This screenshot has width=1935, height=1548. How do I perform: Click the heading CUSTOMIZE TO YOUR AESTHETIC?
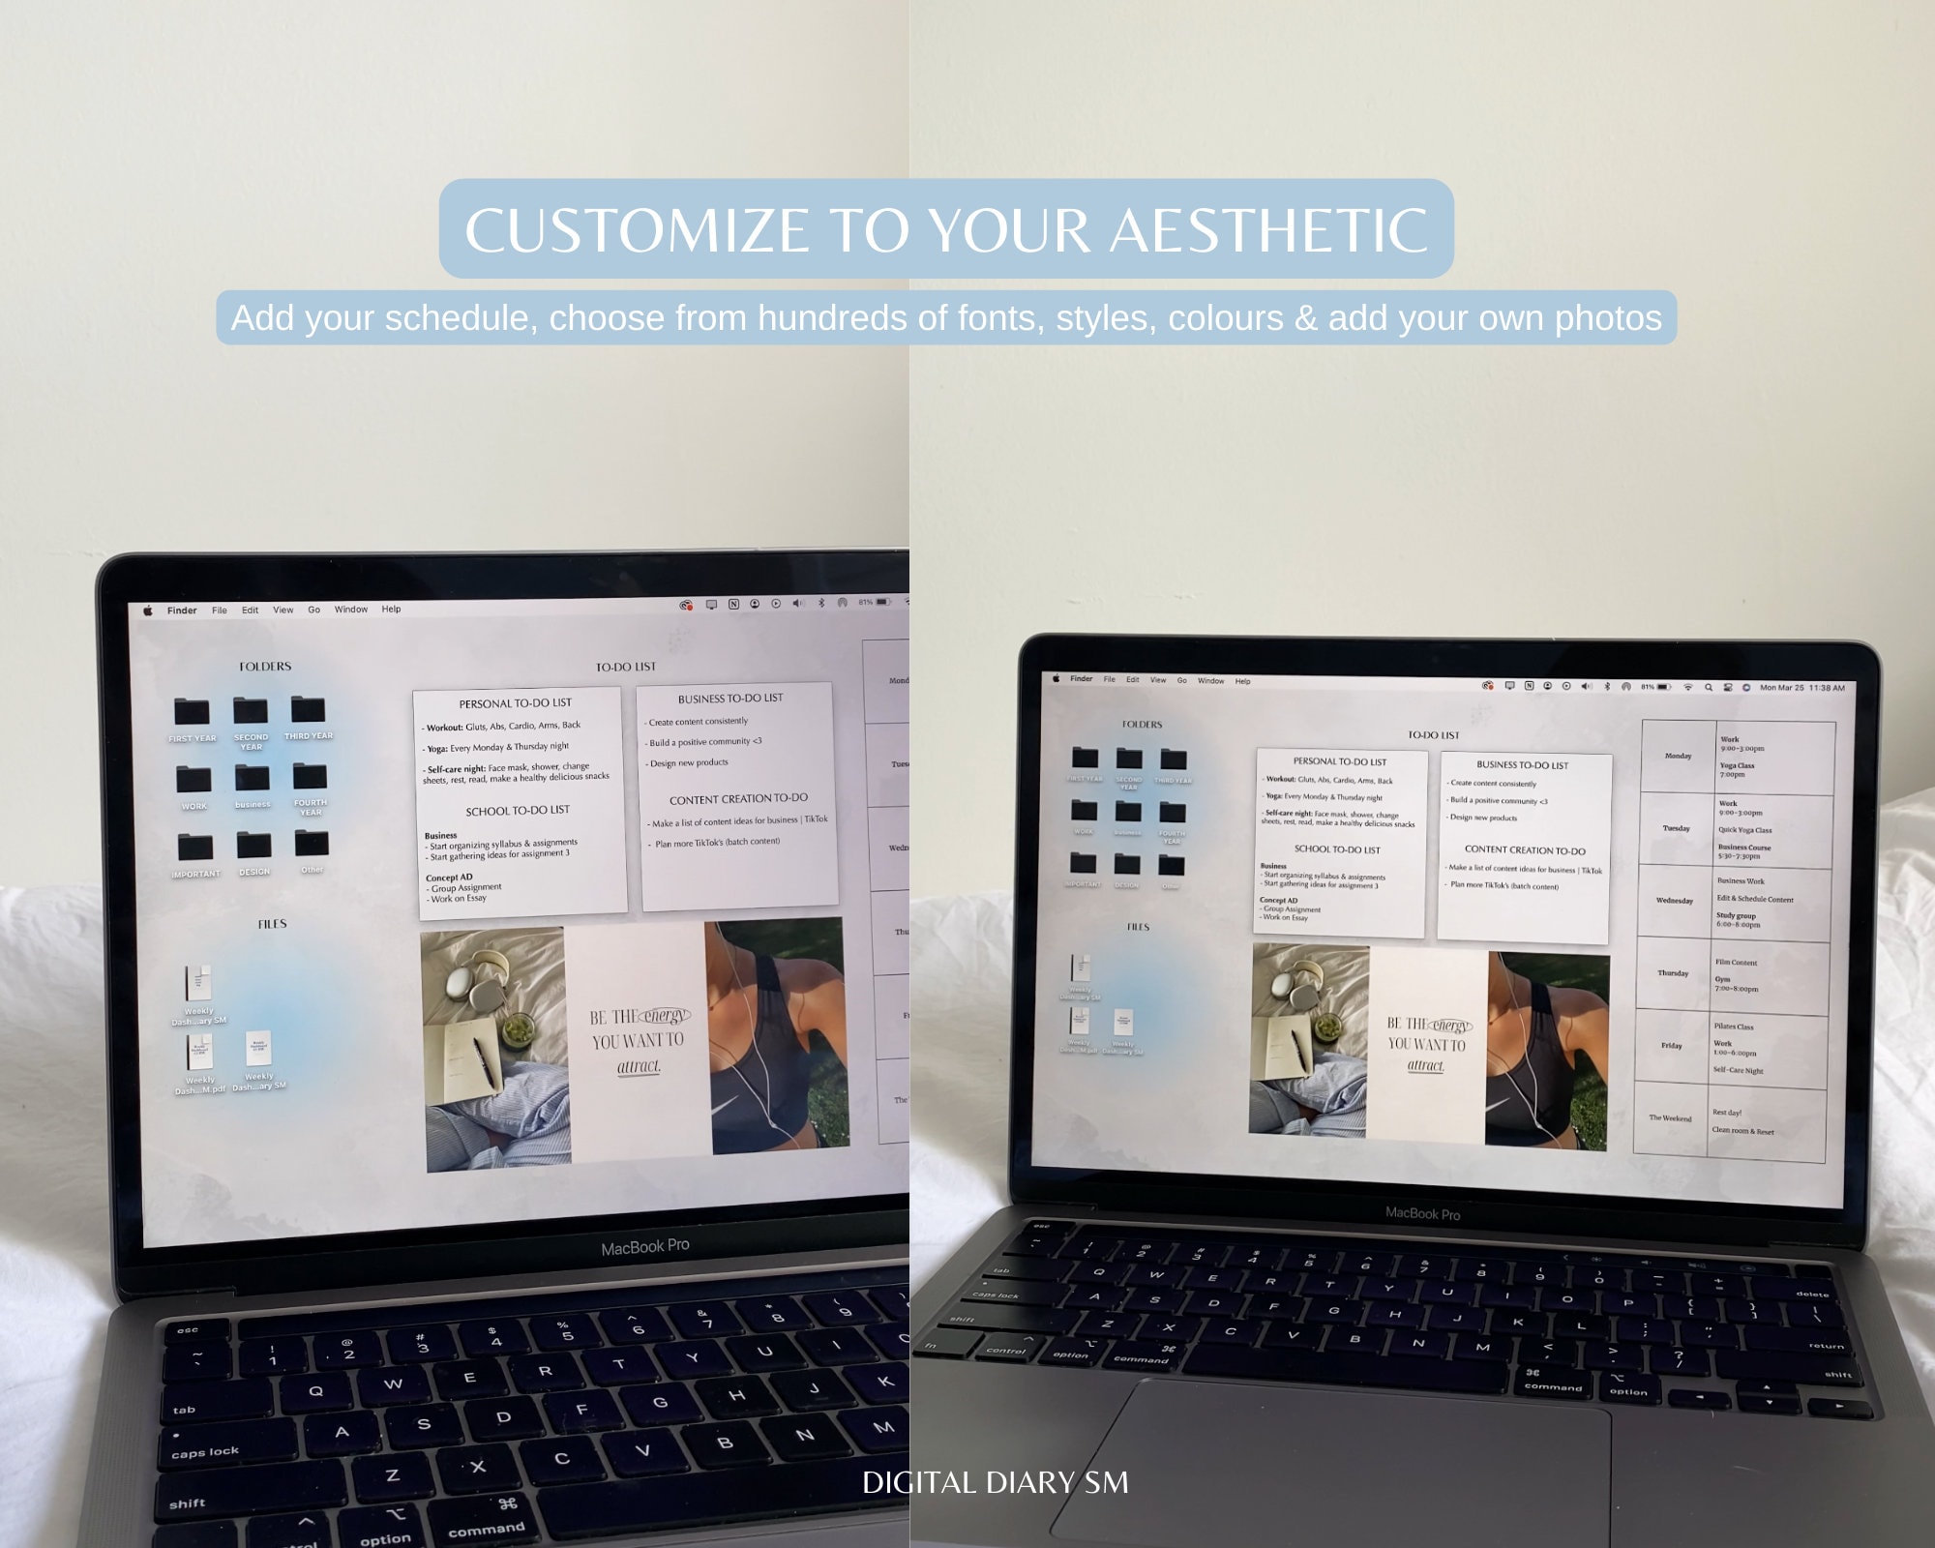point(945,229)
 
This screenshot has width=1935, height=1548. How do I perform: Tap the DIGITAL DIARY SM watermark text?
point(995,1482)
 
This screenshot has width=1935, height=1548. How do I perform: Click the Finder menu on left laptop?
point(181,610)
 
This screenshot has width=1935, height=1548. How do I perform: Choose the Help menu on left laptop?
point(391,610)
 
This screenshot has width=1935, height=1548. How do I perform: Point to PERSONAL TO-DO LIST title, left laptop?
point(515,703)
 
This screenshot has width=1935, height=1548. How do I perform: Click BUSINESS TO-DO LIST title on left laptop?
point(730,699)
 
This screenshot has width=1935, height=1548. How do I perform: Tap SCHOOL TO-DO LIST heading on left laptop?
point(518,811)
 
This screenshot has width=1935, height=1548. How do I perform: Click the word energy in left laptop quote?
point(666,1016)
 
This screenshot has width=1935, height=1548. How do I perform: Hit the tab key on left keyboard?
point(184,1410)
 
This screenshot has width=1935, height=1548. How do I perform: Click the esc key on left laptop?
point(187,1330)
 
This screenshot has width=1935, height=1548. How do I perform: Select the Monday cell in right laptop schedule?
point(1678,757)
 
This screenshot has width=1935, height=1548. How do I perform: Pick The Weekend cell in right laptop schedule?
point(1671,1118)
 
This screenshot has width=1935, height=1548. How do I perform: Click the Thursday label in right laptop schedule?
point(1673,973)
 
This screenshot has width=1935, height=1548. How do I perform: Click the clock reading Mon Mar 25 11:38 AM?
point(1801,688)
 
